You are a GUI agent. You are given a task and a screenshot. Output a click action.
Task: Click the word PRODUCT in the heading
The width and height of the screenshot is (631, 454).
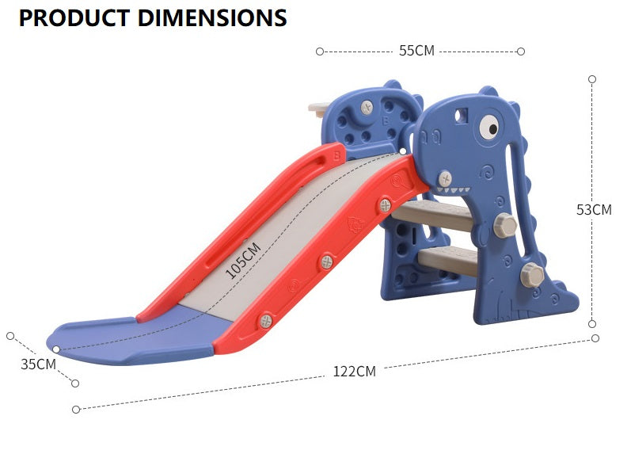(x=74, y=18)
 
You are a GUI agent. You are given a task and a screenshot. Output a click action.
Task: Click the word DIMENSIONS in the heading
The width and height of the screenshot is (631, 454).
(x=212, y=18)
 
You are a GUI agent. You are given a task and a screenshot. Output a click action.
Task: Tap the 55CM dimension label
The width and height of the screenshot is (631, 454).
(x=417, y=51)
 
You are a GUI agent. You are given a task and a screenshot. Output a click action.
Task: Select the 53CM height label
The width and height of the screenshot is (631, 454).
(x=594, y=210)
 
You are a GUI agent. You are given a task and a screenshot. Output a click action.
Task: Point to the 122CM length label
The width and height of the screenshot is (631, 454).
(x=355, y=372)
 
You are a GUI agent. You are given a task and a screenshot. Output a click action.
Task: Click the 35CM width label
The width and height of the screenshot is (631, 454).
(x=38, y=364)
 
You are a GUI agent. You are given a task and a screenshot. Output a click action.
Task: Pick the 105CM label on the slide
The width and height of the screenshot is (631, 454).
(x=242, y=261)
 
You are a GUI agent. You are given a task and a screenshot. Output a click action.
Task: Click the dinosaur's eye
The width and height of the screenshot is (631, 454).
(x=489, y=127)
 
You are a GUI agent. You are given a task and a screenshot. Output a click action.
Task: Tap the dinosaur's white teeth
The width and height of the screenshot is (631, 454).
(x=454, y=189)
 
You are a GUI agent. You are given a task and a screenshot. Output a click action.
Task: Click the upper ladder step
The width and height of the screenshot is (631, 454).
(x=433, y=215)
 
